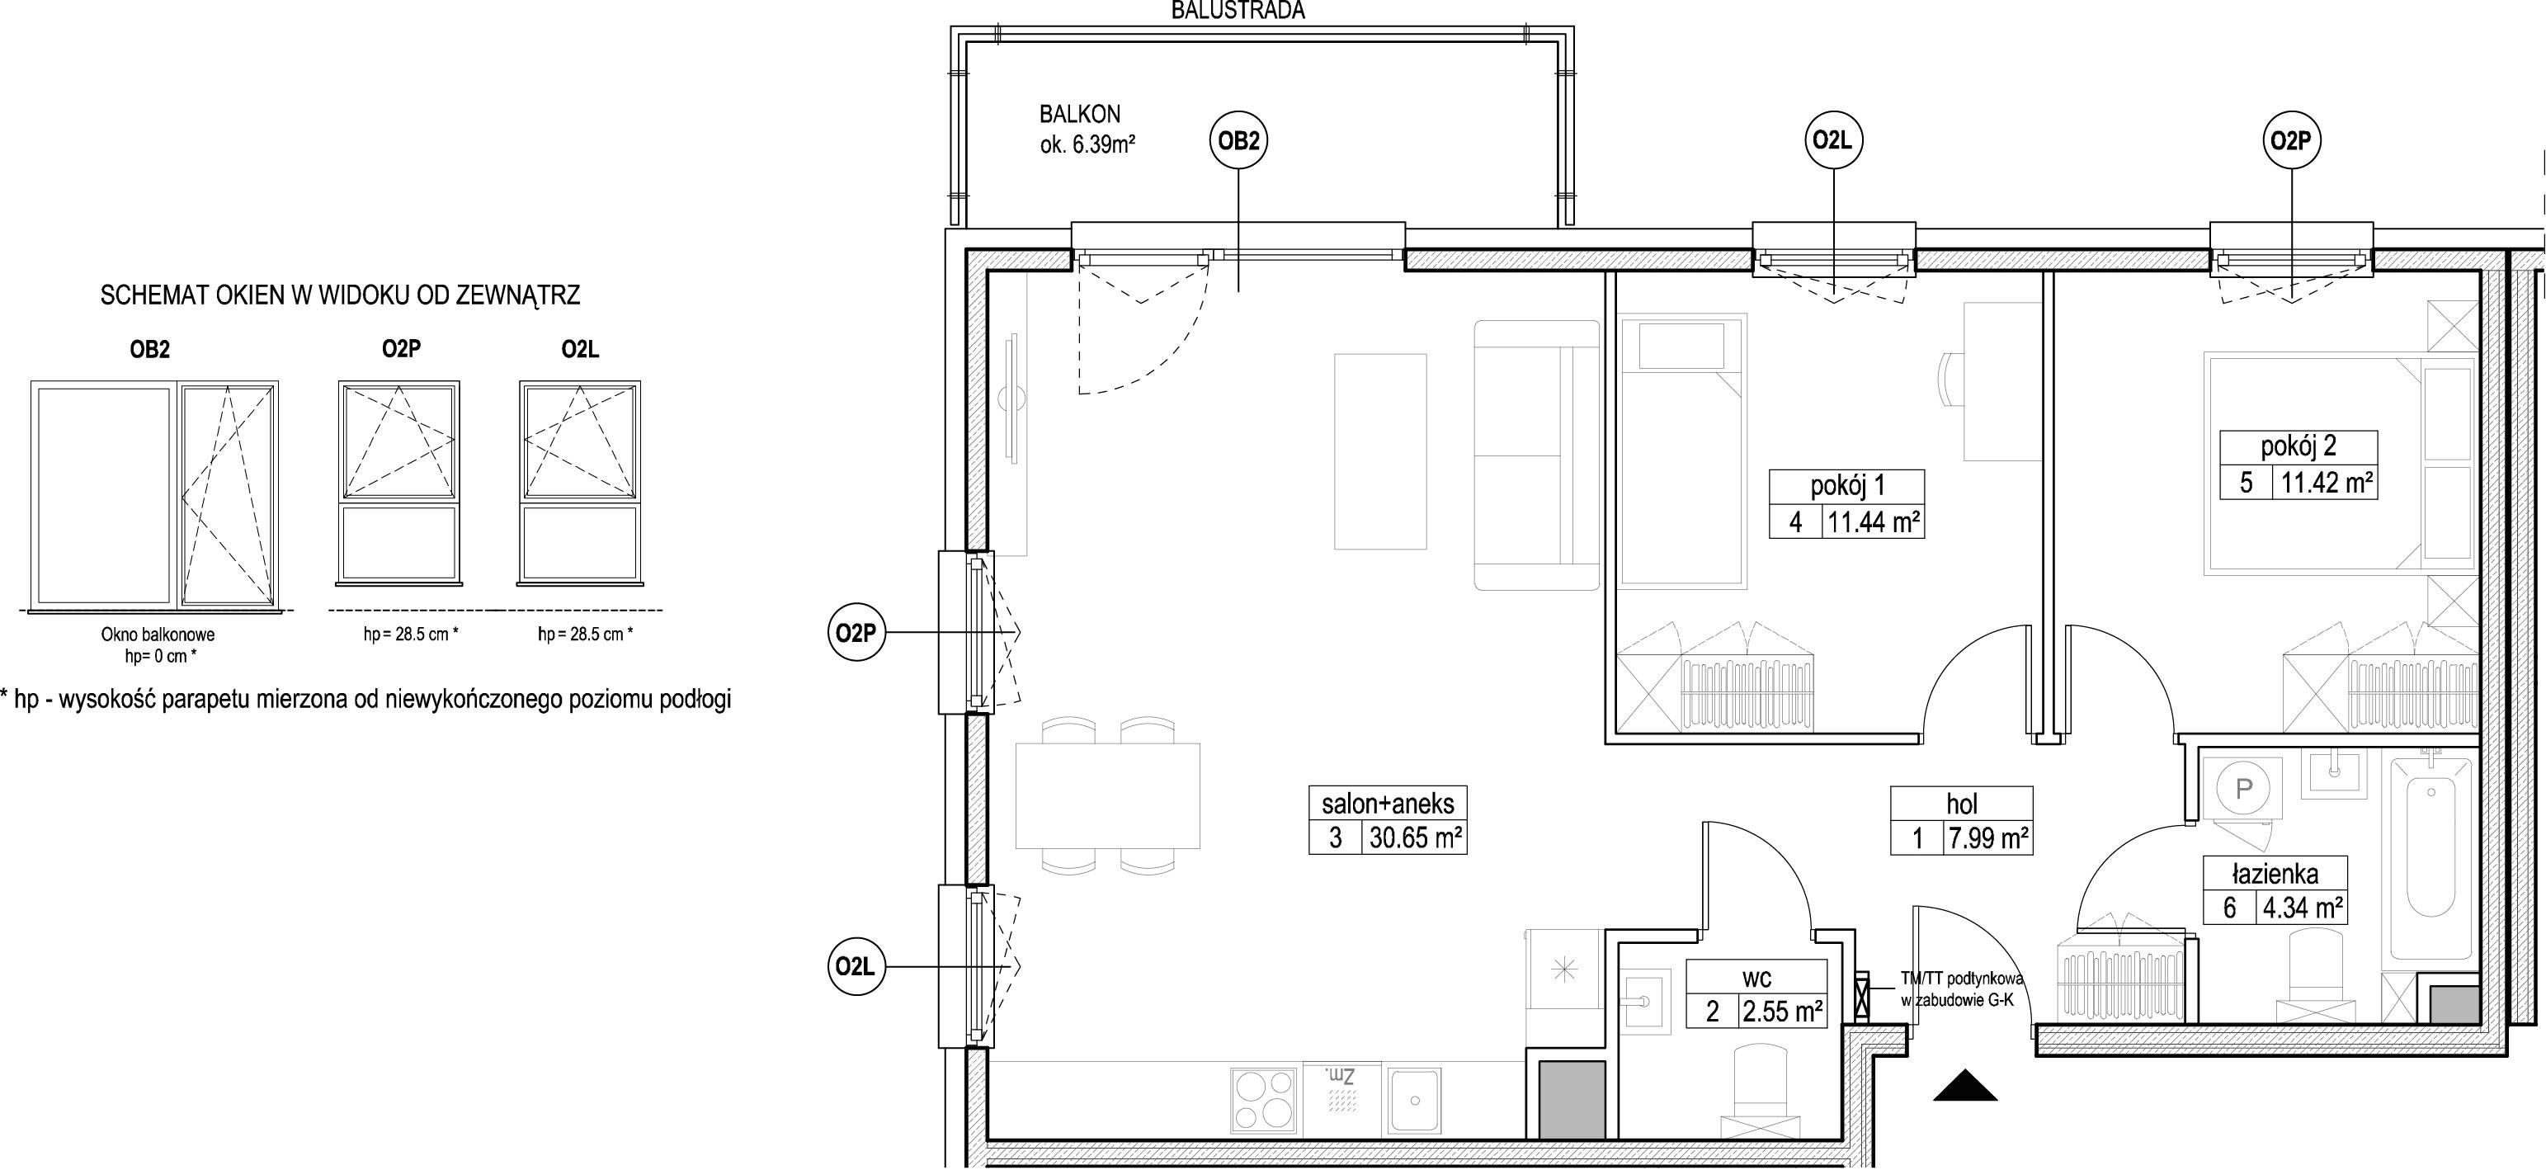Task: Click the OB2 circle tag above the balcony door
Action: (1238, 141)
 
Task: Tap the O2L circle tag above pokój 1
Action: (1833, 141)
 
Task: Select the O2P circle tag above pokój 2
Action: (2291, 141)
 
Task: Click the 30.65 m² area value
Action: (1413, 838)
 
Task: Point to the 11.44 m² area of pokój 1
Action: (1873, 521)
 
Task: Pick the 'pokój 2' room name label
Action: (2299, 446)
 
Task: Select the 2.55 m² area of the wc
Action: (1782, 1011)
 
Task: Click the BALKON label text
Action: (1079, 115)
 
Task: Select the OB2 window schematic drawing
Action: (155, 494)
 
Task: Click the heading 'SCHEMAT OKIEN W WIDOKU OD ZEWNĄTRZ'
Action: (340, 295)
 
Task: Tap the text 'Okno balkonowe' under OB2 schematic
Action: (157, 635)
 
